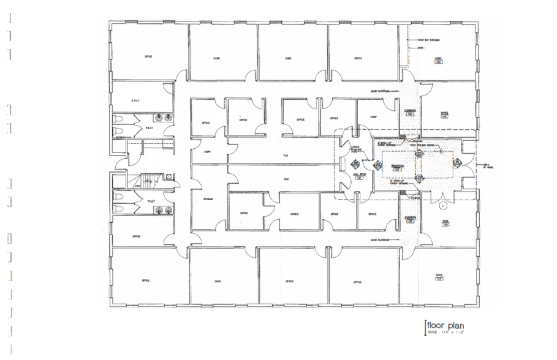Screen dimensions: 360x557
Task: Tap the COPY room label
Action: (207, 151)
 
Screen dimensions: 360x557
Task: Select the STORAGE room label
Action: (208, 199)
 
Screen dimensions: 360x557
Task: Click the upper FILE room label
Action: (286, 156)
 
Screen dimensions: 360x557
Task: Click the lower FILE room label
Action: (286, 179)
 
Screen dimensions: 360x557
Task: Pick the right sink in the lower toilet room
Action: (167, 210)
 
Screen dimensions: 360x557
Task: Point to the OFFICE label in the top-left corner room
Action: (148, 56)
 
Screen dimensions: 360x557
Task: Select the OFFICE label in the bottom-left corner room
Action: (146, 280)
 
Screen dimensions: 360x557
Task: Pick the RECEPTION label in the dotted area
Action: (396, 165)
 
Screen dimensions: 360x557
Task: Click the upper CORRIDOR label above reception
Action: (410, 111)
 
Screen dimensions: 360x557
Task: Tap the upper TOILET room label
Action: (149, 127)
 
